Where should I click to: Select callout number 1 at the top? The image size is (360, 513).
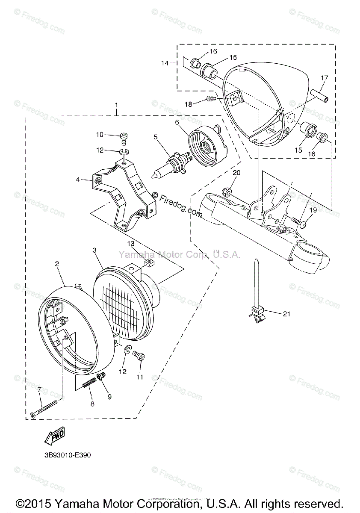tap(116, 105)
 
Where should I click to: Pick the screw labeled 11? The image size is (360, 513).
tap(138, 355)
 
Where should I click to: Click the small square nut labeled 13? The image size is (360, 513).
tap(149, 262)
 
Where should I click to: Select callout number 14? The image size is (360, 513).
tap(165, 63)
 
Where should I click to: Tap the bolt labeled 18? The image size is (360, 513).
tap(210, 99)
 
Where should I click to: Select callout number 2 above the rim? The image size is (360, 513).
tap(57, 264)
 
